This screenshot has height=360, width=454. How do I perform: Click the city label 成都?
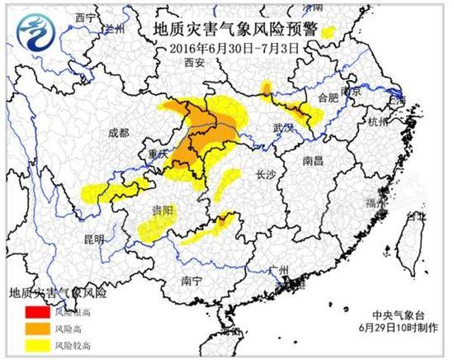point(118,132)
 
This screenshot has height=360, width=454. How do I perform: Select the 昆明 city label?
point(93,239)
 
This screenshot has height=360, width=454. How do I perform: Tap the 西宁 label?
point(84,17)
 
